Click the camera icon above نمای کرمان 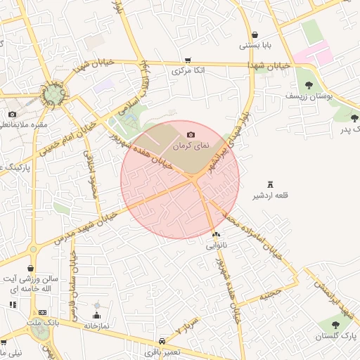[x=191, y=134]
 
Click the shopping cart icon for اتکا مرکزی [x=188, y=60]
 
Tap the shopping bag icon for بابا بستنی [x=255, y=34]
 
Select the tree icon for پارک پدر [x=354, y=118]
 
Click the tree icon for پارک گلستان [x=335, y=324]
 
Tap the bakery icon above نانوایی [x=215, y=234]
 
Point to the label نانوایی [x=215, y=246]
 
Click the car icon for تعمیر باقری [x=163, y=338]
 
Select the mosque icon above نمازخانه [x=97, y=314]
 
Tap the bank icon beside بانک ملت [x=43, y=311]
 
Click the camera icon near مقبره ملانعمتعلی [x=13, y=114]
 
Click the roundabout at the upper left [x=53, y=93]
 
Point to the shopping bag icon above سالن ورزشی [x=31, y=268]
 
